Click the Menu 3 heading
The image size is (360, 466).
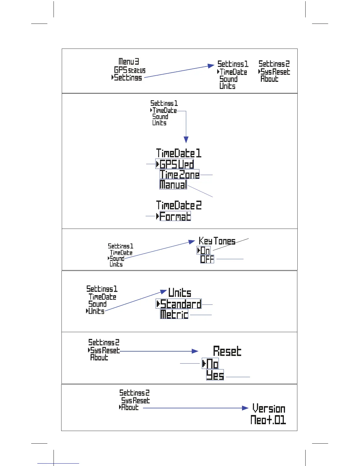pos(129,61)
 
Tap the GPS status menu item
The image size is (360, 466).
pos(130,70)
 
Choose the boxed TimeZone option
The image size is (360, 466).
pos(179,174)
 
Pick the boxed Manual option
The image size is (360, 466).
pos(173,184)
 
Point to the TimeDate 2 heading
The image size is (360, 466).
pos(179,205)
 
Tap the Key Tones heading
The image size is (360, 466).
pos(217,241)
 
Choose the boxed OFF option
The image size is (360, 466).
pos(207,259)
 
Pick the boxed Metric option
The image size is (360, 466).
pos(174,314)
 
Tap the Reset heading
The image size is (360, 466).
pos(227,351)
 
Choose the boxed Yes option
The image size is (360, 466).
pos(215,375)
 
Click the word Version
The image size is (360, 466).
pos(269,408)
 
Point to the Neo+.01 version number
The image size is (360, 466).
pos(268,420)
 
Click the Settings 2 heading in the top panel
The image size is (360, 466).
pos(274,64)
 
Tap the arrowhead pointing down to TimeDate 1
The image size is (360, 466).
pos(186,139)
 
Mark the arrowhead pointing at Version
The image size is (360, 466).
pos(245,408)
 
